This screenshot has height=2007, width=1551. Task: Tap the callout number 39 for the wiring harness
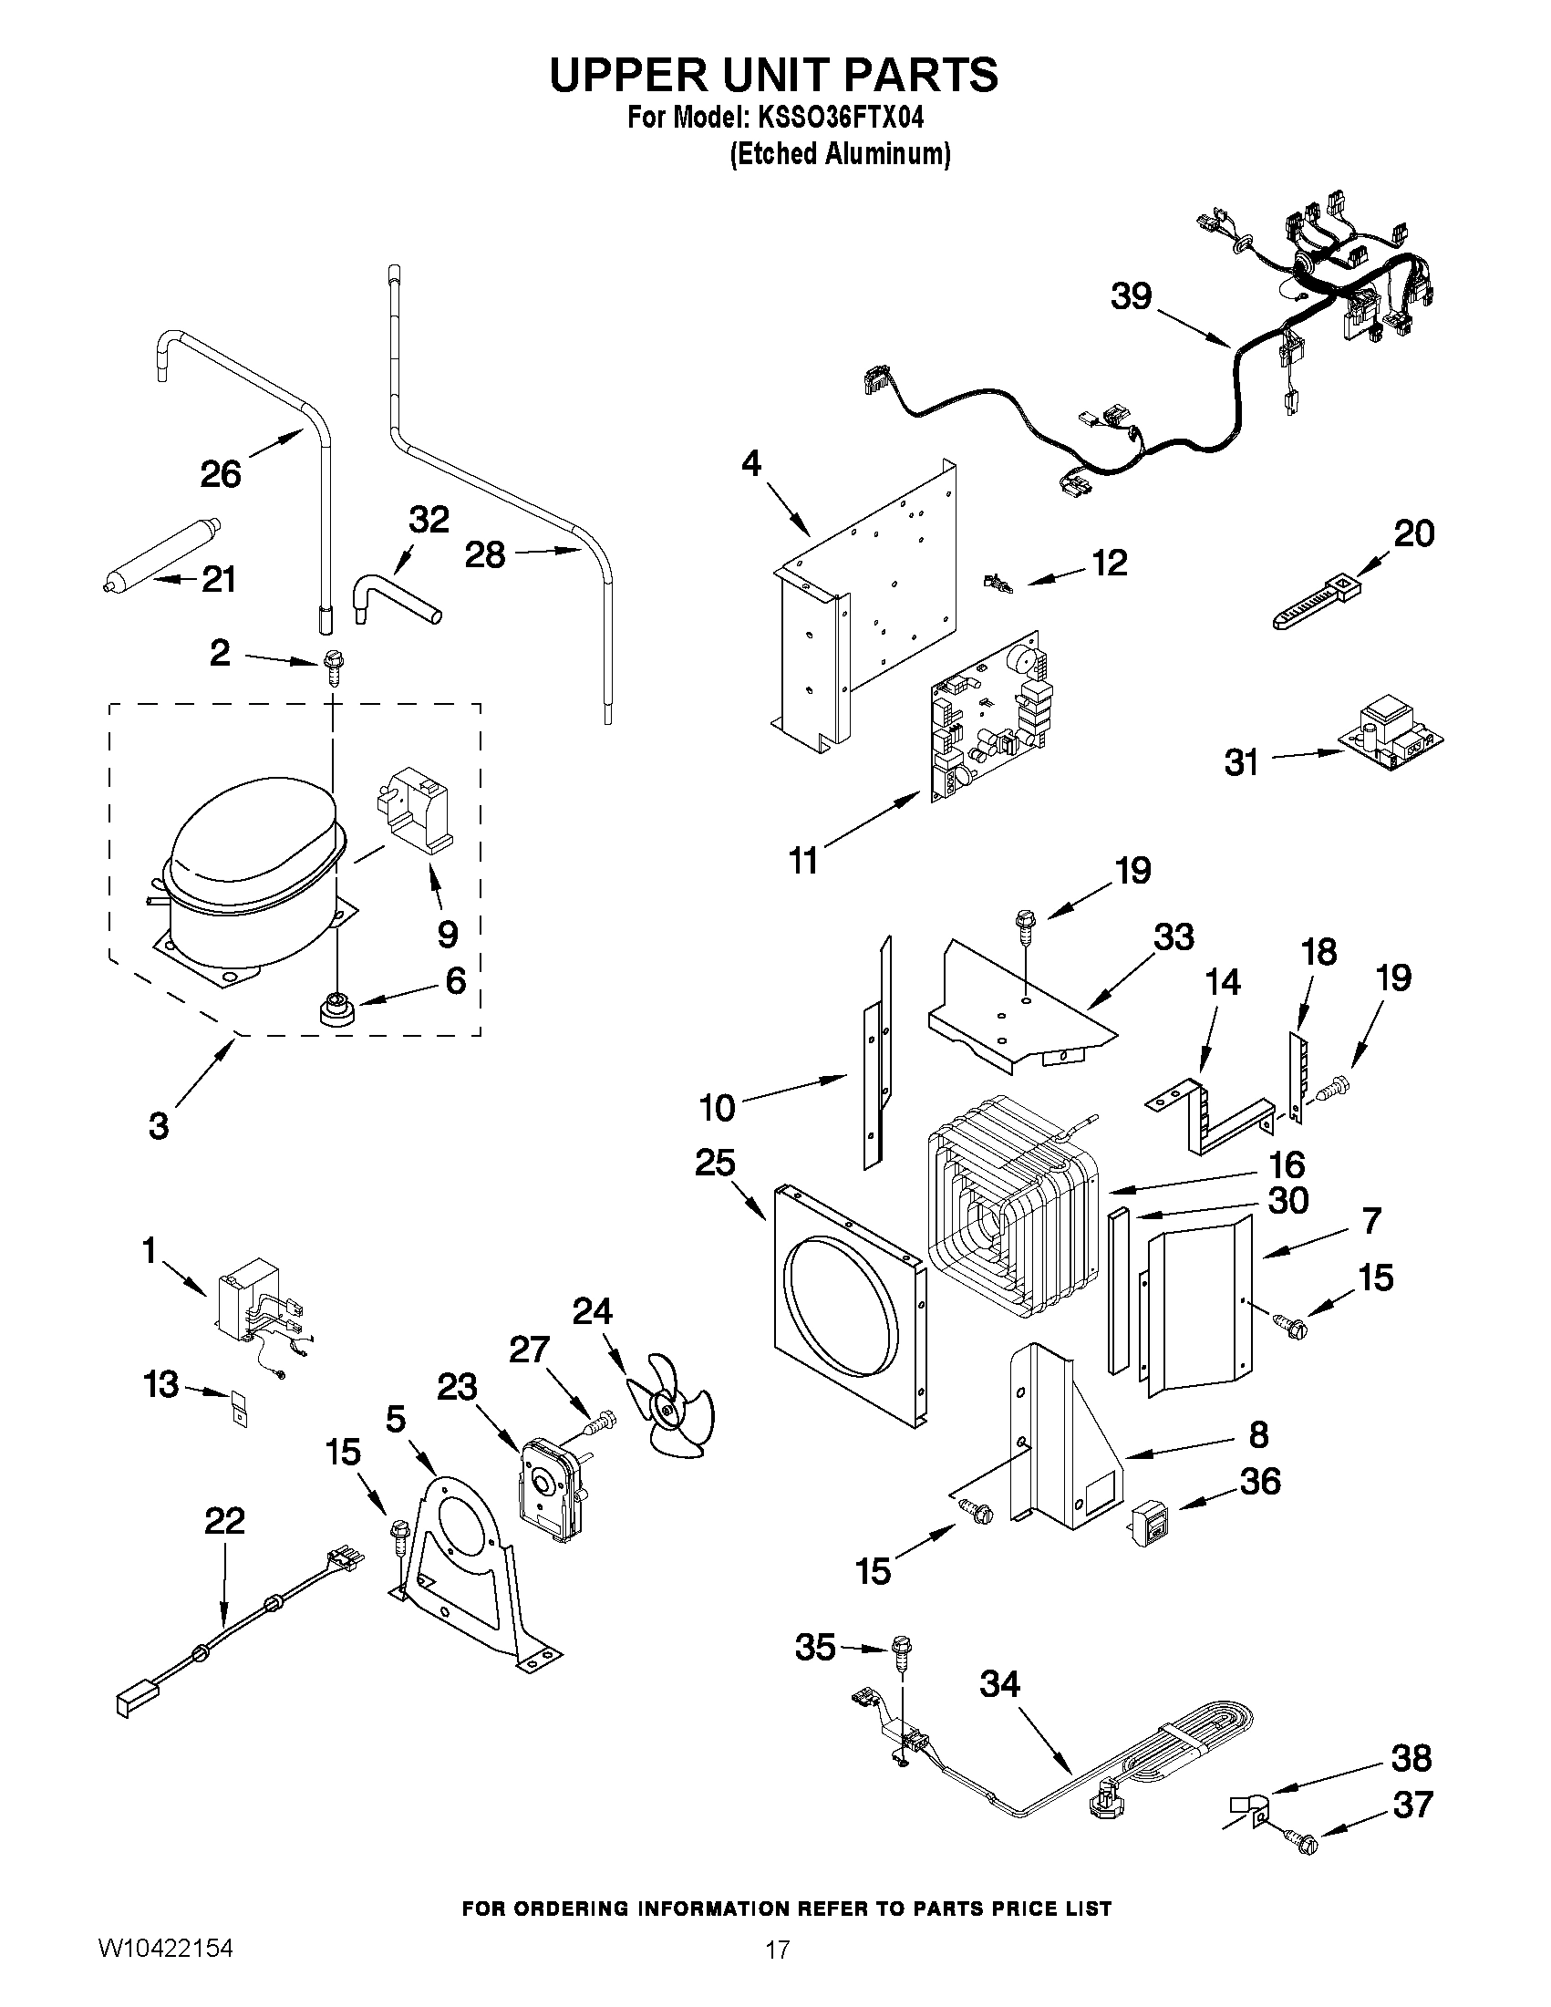click(x=1130, y=297)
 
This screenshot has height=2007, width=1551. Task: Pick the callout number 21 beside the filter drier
click(x=219, y=580)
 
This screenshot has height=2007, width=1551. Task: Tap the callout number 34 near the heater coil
click(x=999, y=1684)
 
